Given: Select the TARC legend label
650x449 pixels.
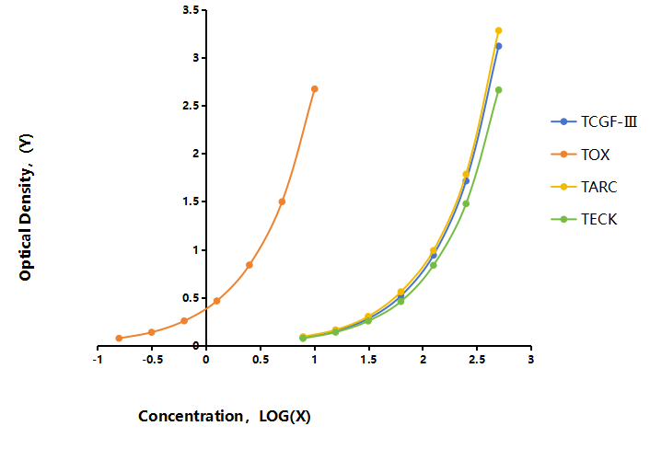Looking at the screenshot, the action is click(599, 187).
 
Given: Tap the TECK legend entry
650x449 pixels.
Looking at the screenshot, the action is click(584, 219).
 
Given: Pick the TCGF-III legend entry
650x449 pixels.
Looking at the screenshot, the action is click(594, 121).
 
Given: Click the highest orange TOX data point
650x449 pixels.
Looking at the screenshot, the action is click(315, 89).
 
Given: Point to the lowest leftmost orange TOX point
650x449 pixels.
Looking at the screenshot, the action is click(119, 338).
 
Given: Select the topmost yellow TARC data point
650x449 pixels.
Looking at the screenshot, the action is click(499, 30).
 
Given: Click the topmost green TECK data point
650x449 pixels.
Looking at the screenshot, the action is click(499, 90).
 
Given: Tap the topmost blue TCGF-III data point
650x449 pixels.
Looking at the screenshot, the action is click(499, 46).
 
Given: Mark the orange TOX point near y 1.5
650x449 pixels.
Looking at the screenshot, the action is click(282, 201).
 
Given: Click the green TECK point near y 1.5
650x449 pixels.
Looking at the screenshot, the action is click(466, 203).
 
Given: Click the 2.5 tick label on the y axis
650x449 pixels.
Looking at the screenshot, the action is click(191, 106).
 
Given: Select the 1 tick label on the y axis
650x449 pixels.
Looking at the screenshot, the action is click(195, 249).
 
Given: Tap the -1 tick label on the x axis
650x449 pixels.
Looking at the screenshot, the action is click(98, 360).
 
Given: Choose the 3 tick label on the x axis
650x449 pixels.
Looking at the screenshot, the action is click(531, 359).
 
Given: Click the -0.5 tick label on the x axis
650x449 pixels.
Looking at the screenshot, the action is click(152, 360).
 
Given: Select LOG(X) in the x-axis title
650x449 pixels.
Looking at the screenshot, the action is click(284, 416).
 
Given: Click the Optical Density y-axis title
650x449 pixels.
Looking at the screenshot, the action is click(26, 207).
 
